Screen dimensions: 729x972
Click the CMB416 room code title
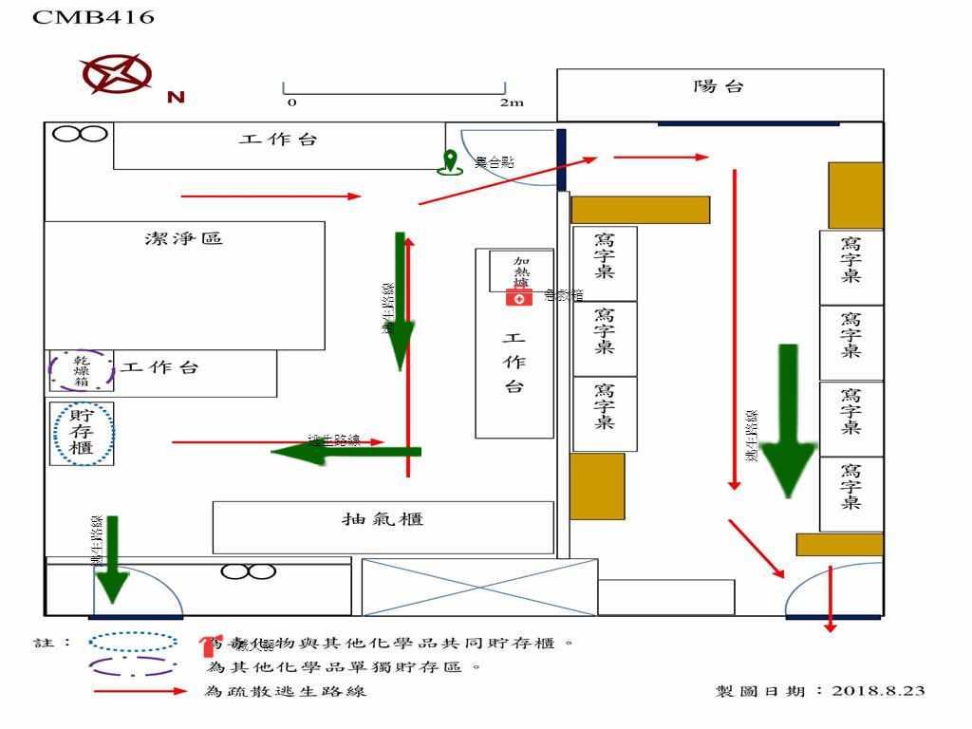pyautogui.click(x=93, y=17)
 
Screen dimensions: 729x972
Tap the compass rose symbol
pyautogui.click(x=115, y=75)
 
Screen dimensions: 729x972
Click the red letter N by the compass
pyautogui.click(x=176, y=97)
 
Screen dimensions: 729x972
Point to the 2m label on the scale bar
pyautogui.click(x=512, y=103)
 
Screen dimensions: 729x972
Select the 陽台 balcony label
pyautogui.click(x=719, y=87)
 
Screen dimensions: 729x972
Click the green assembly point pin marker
pyautogui.click(x=449, y=162)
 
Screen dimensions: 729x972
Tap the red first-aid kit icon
pyautogui.click(x=518, y=297)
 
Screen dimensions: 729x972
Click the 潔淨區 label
pyautogui.click(x=184, y=238)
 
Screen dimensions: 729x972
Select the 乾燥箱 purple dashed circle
pyautogui.click(x=83, y=370)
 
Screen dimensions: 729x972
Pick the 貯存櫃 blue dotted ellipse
pyautogui.click(x=83, y=433)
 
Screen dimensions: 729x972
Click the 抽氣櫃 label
pyautogui.click(x=383, y=519)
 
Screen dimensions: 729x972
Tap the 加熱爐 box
pyautogui.click(x=520, y=271)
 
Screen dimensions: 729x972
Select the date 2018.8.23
pyautogui.click(x=878, y=691)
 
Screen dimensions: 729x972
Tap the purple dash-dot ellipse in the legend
pyautogui.click(x=133, y=667)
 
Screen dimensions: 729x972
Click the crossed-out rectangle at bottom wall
pyautogui.click(x=479, y=587)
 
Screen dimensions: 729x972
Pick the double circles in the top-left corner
pyautogui.click(x=80, y=134)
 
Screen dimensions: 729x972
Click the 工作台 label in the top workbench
pyautogui.click(x=278, y=140)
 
